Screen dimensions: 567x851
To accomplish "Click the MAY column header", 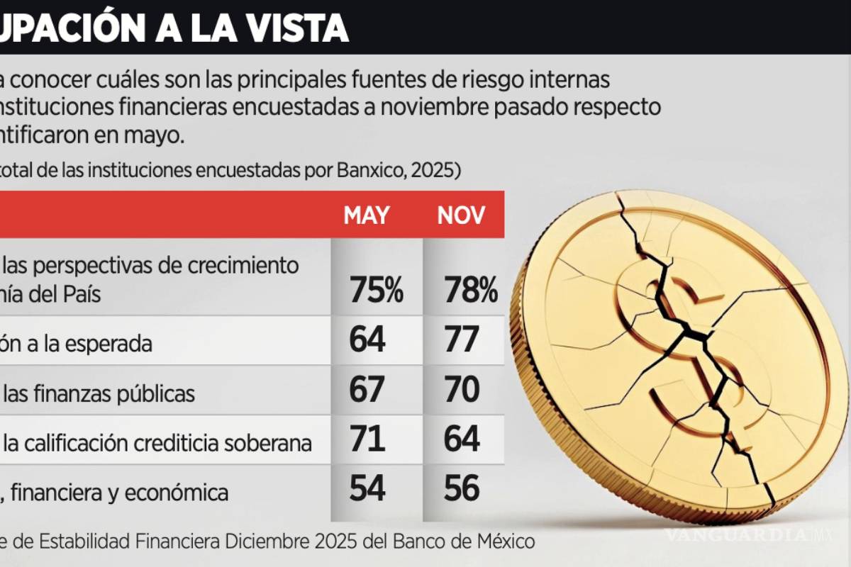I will [x=367, y=215].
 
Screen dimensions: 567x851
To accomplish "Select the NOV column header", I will [x=461, y=215].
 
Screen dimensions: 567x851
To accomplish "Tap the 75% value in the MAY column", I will [x=376, y=291].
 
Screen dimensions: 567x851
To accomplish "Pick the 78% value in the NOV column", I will [x=470, y=291].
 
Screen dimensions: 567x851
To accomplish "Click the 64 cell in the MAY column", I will [x=367, y=340].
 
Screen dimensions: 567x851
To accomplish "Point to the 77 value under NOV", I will [x=462, y=340].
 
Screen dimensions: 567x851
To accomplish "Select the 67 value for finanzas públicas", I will [x=367, y=391].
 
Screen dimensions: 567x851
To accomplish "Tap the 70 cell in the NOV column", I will [x=462, y=391].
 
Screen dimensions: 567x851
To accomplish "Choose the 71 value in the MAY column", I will [x=367, y=440].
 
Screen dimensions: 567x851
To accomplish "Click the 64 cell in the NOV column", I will [x=462, y=440].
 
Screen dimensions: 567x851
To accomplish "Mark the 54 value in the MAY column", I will [x=367, y=490].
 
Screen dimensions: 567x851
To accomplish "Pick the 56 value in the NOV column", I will [x=462, y=490].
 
